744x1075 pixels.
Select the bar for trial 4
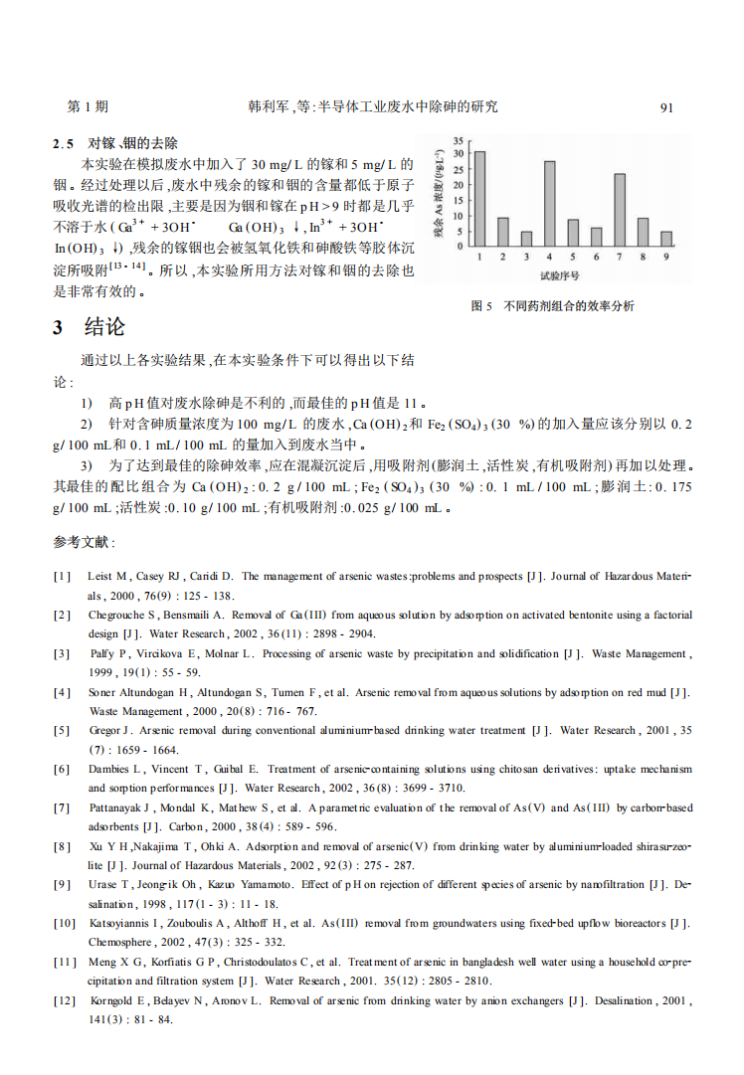click(549, 204)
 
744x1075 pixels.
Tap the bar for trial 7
click(620, 210)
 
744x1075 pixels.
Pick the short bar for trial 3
click(526, 239)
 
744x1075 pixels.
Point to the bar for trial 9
click(666, 239)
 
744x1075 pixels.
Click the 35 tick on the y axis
click(458, 140)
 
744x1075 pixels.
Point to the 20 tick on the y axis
click(458, 185)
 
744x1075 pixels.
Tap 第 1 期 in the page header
click(88, 107)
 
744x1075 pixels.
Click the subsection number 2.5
click(64, 143)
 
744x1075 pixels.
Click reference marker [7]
click(62, 807)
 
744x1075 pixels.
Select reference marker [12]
click(65, 1000)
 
